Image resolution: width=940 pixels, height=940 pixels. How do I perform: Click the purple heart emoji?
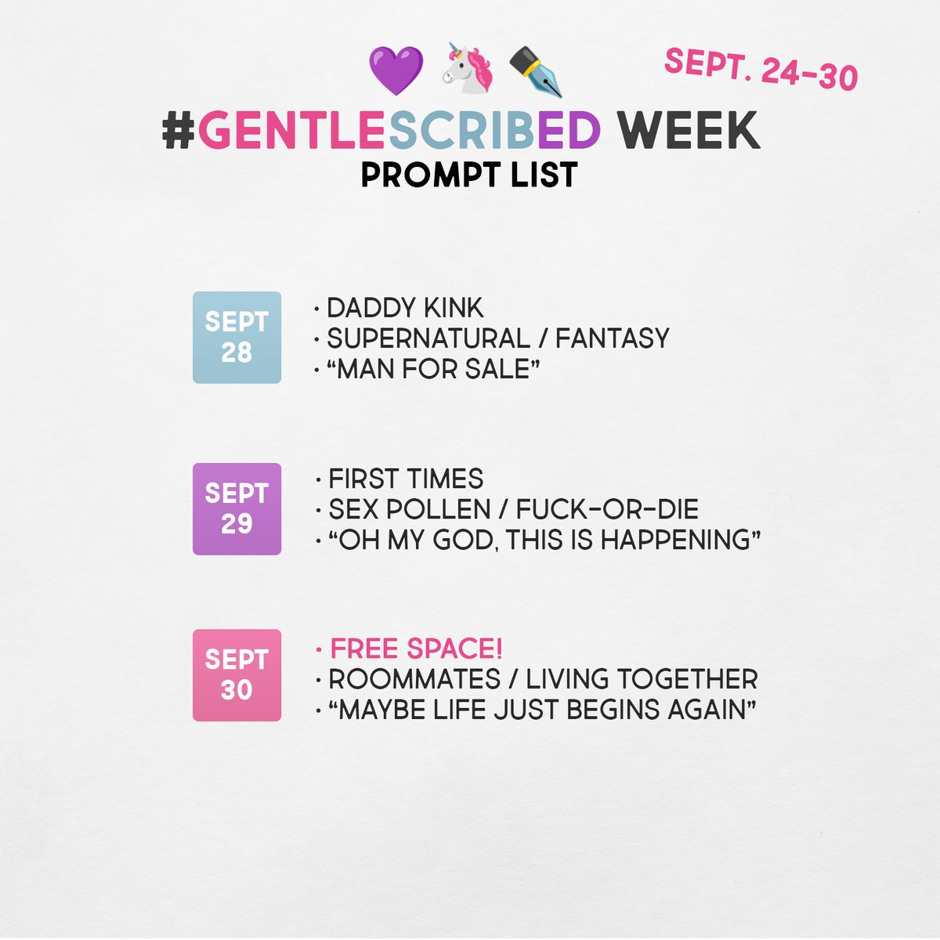(396, 70)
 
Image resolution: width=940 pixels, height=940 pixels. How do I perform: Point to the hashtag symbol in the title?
(179, 131)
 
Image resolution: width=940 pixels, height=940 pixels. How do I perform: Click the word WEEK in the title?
(688, 131)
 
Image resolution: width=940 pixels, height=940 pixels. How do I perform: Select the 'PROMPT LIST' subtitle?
(469, 175)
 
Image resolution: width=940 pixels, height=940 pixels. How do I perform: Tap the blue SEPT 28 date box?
(237, 338)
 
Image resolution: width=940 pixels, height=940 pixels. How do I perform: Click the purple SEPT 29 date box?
(237, 509)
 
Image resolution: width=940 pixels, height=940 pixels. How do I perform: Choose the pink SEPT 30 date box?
(237, 675)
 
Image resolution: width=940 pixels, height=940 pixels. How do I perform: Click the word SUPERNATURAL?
(428, 338)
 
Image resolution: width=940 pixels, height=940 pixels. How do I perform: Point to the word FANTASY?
(613, 338)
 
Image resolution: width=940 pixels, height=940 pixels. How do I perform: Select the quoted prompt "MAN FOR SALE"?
(433, 369)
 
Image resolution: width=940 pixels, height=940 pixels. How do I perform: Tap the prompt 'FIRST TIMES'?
(406, 479)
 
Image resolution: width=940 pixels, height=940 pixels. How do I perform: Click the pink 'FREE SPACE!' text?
(416, 649)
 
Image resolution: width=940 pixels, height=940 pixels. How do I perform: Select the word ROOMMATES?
(414, 679)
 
